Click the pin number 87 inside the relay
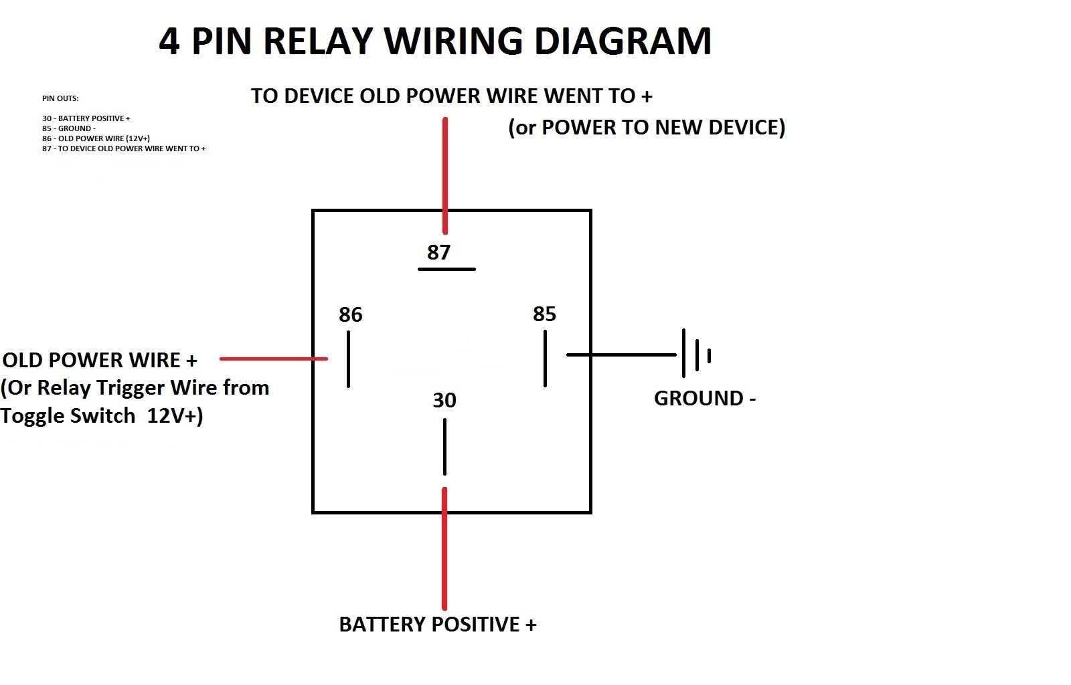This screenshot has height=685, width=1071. [x=438, y=252]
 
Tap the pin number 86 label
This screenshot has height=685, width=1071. [x=350, y=314]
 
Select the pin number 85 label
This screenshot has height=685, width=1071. [x=544, y=314]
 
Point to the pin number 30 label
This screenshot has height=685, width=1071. [x=444, y=400]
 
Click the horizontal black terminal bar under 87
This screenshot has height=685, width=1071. [x=446, y=269]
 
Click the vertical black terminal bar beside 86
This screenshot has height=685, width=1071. [x=348, y=359]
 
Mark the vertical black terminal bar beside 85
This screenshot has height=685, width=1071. [x=546, y=359]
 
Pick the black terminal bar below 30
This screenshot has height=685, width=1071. [x=444, y=446]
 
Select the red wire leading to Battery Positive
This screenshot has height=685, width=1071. [x=444, y=549]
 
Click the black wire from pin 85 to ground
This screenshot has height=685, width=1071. [x=621, y=355]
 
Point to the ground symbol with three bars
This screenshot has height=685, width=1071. [x=695, y=354]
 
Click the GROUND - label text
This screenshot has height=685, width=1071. [x=704, y=398]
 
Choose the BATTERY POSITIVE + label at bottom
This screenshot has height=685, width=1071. [x=437, y=624]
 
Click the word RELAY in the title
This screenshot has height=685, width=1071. [x=317, y=41]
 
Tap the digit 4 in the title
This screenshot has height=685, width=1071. [x=169, y=41]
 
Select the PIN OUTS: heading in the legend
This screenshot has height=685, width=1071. [x=60, y=98]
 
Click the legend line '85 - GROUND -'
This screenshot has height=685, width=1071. [x=68, y=128]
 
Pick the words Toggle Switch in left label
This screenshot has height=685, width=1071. [x=68, y=415]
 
